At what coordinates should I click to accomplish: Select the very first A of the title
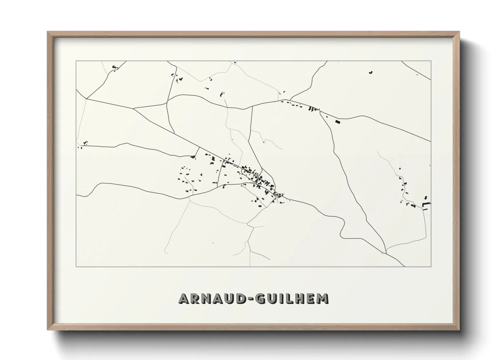click(184, 298)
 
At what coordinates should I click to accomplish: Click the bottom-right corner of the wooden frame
click(459, 330)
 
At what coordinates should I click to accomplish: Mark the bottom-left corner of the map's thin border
click(76, 266)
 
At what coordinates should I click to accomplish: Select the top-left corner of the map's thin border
click(76, 61)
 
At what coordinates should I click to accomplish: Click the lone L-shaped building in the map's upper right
click(371, 72)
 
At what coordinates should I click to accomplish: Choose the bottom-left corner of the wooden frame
click(48, 330)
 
